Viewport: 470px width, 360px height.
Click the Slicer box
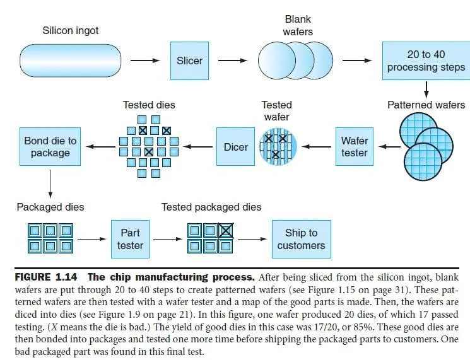tap(189, 61)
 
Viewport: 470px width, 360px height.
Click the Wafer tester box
tap(354, 147)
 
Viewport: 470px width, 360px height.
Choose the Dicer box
tap(236, 147)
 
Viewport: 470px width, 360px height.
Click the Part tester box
tap(130, 239)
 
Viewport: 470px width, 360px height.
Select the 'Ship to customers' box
tap(301, 239)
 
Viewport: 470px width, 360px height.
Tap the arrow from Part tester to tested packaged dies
tap(167, 240)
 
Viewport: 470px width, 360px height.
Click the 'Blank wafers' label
tap(298, 25)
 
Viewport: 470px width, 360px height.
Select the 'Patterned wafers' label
tap(426, 105)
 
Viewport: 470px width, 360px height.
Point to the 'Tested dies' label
tap(149, 105)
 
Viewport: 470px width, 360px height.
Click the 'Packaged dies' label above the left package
tap(50, 207)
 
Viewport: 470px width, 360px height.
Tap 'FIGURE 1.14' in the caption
tap(44, 277)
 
